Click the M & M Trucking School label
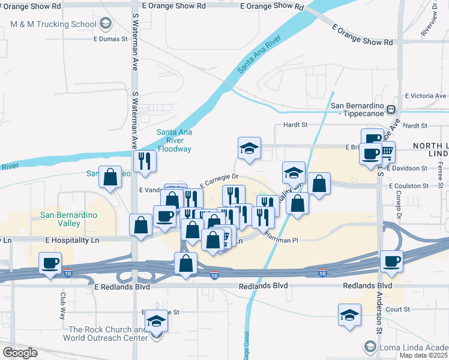[53, 24]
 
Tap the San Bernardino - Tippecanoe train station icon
[390, 110]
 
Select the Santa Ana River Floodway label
[173, 140]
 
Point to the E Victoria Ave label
[426, 95]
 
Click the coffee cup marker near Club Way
[50, 263]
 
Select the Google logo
[20, 353]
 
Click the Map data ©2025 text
[423, 355]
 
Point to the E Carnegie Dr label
[219, 178]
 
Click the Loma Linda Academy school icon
[370, 346]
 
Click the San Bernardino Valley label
[60, 219]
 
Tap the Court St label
[397, 309]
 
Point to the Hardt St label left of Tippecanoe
[295, 125]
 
